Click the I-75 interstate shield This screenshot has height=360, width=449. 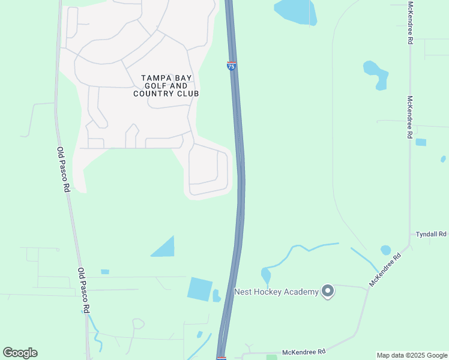[231, 66]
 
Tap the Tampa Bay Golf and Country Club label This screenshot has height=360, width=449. [166, 86]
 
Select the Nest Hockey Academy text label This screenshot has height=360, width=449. [276, 292]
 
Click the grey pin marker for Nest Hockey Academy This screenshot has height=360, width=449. [327, 292]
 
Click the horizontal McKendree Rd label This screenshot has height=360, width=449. [304, 352]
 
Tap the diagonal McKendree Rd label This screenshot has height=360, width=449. [385, 269]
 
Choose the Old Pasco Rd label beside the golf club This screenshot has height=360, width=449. [64, 169]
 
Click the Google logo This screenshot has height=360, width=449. [20, 353]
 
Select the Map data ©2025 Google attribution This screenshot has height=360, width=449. [412, 355]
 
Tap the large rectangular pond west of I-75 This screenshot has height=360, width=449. [200, 289]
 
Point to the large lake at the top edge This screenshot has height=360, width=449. [295, 11]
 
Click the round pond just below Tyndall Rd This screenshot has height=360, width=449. [385, 250]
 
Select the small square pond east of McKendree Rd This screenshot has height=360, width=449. [421, 142]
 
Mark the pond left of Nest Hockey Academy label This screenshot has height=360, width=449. [266, 276]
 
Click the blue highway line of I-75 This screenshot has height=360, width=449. [239, 180]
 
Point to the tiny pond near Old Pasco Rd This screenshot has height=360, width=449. [105, 272]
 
